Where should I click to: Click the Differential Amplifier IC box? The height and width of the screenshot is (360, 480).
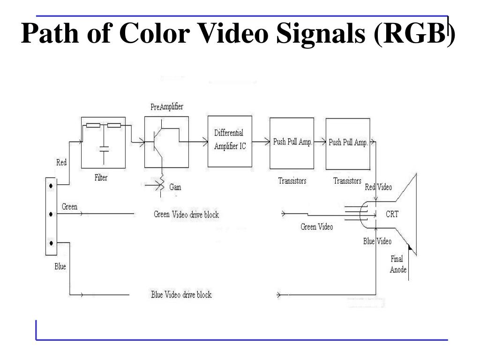[230, 141]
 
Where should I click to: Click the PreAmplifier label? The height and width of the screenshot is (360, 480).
[167, 107]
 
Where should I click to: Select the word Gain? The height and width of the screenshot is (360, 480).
[175, 187]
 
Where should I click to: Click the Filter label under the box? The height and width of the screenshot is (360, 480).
[101, 178]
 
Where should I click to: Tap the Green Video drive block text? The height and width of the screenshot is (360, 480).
[186, 215]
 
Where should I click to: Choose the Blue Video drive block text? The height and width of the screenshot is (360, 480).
[181, 295]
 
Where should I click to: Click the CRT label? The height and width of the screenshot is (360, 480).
[392, 214]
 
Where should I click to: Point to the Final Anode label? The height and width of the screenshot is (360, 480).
[397, 264]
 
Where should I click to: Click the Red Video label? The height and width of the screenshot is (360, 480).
[378, 187]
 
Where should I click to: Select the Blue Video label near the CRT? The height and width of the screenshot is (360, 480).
[377, 241]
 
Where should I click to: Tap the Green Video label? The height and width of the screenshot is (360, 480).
[317, 227]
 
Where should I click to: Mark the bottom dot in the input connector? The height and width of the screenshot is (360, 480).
[51, 243]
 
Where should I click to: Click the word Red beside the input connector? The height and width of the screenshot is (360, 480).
[61, 163]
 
